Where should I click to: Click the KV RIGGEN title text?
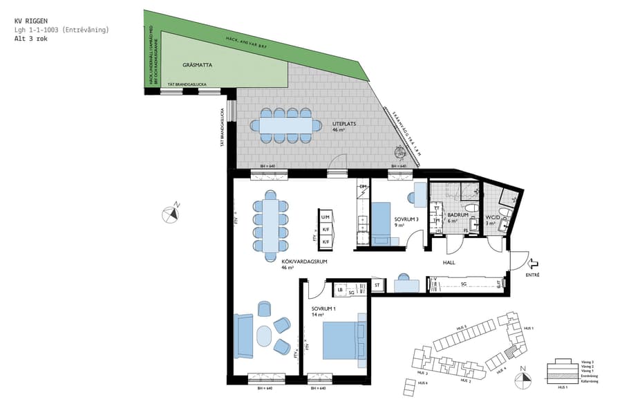(31, 21)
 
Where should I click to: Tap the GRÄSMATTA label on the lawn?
(197, 65)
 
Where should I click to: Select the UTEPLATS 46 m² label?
(343, 127)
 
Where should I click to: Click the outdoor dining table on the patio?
(286, 125)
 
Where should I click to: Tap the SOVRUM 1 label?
(323, 311)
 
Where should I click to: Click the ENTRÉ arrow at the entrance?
(532, 264)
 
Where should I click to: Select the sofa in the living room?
(244, 335)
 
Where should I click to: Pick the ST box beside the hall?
(377, 284)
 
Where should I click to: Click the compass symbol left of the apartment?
(171, 213)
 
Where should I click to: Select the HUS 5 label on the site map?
(461, 327)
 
